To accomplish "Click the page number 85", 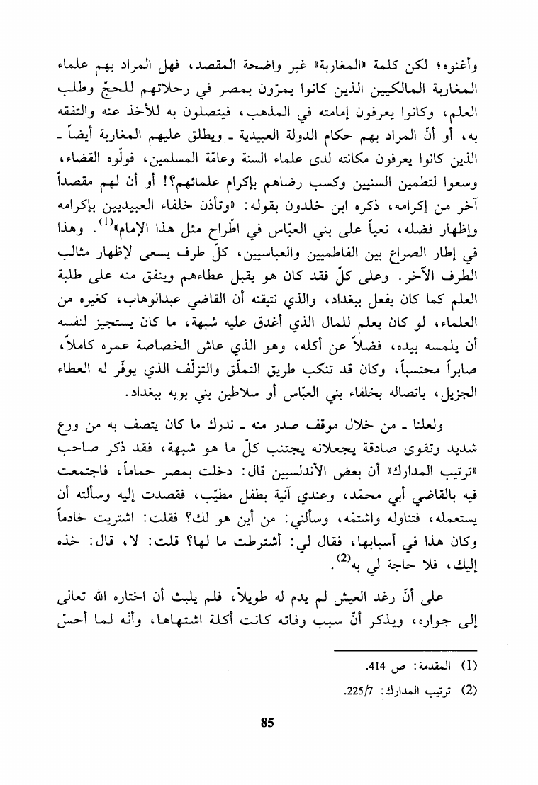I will (x=267, y=723).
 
